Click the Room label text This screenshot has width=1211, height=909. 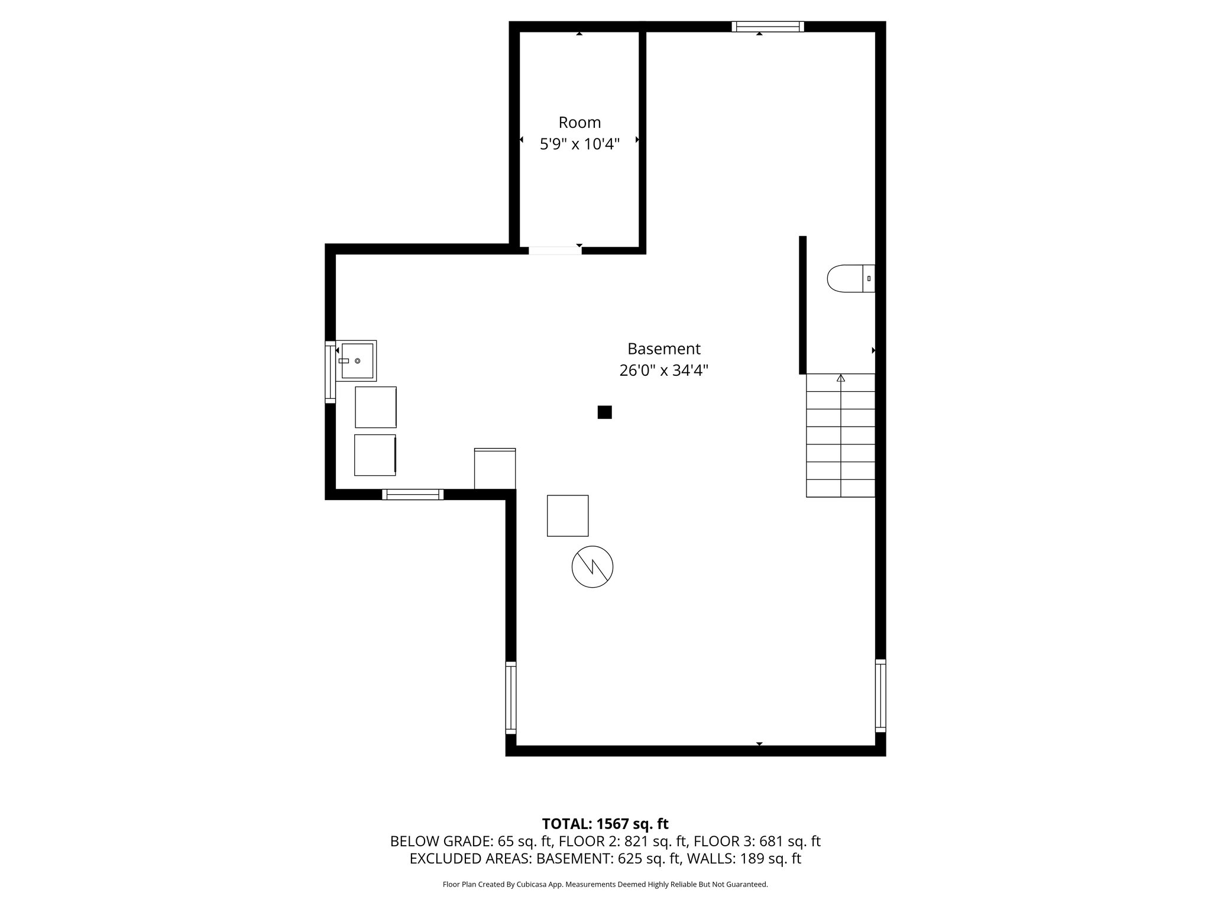pyautogui.click(x=579, y=123)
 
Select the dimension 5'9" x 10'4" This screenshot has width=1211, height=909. pyautogui.click(x=579, y=144)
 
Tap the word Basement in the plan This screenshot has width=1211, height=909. pyautogui.click(x=663, y=349)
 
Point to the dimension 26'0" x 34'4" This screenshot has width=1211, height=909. pyautogui.click(x=663, y=370)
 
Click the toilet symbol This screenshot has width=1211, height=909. pyautogui.click(x=849, y=278)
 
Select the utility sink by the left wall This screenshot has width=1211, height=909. pyautogui.click(x=357, y=360)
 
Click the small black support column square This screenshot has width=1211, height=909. pyautogui.click(x=604, y=412)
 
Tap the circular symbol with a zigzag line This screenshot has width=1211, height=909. pyautogui.click(x=592, y=566)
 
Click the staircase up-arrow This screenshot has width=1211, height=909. pyautogui.click(x=841, y=378)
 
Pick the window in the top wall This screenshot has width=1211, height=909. pyautogui.click(x=768, y=26)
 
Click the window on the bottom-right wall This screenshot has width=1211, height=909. pyautogui.click(x=880, y=695)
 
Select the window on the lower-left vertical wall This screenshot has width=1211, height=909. pyautogui.click(x=511, y=698)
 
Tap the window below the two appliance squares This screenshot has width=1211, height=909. pyautogui.click(x=413, y=495)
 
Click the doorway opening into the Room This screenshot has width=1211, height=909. pyautogui.click(x=555, y=250)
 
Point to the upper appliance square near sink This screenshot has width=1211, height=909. pyautogui.click(x=375, y=407)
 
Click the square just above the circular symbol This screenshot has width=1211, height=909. pyautogui.click(x=568, y=515)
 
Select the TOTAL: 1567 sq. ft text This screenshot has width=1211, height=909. pyautogui.click(x=605, y=824)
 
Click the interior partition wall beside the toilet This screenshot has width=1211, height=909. pyautogui.click(x=802, y=305)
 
